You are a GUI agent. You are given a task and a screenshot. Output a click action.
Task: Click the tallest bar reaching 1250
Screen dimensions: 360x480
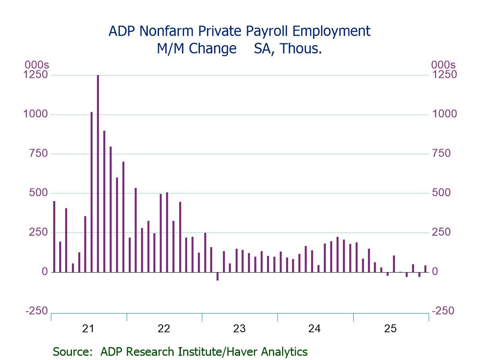pyautogui.click(x=98, y=173)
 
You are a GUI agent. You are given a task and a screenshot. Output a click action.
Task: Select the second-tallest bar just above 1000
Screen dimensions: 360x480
pyautogui.click(x=91, y=192)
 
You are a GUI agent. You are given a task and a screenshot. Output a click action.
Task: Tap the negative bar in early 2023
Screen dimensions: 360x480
pyautogui.click(x=217, y=276)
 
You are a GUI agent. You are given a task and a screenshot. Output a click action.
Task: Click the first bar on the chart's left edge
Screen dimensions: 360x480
pyautogui.click(x=54, y=236)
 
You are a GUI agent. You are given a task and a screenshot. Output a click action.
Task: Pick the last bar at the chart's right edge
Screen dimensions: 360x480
pyautogui.click(x=425, y=269)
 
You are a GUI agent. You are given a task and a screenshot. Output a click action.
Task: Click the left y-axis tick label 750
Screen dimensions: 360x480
pyautogui.click(x=38, y=153)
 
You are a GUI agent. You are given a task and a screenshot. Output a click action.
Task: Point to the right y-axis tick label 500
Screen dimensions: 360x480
pyautogui.click(x=442, y=193)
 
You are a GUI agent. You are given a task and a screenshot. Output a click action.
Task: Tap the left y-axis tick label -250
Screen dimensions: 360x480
pyautogui.click(x=37, y=311)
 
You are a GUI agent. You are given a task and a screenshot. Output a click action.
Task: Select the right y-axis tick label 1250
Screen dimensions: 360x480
pyautogui.click(x=444, y=75)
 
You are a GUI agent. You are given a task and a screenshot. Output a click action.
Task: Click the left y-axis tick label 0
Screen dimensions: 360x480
pyautogui.click(x=45, y=272)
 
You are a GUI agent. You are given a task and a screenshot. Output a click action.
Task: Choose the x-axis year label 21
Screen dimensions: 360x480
pyautogui.click(x=88, y=329)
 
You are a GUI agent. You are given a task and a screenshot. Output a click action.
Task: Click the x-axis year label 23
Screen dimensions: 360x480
pyautogui.click(x=239, y=329)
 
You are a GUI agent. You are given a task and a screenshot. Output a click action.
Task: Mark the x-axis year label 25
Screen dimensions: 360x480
pyautogui.click(x=390, y=329)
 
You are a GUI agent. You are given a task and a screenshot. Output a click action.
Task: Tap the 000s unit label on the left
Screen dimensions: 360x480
pyautogui.click(x=37, y=65)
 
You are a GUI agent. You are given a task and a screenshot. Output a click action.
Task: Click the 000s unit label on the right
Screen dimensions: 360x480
pyautogui.click(x=443, y=65)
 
